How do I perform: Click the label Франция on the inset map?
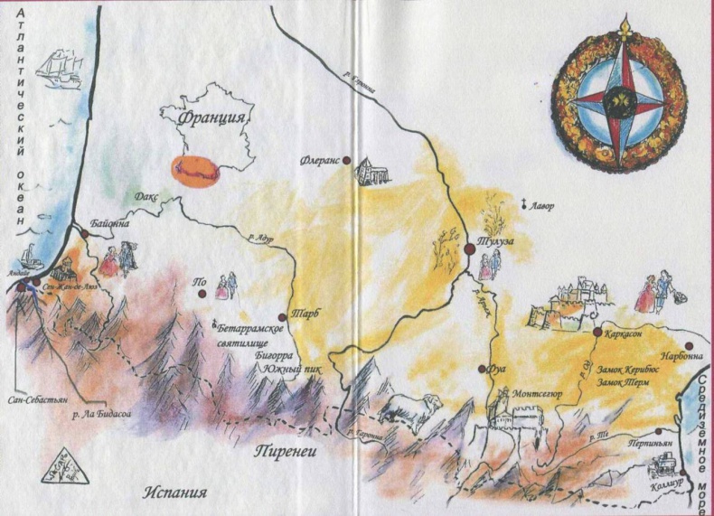pos(215,117)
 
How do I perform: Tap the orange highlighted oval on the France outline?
pos(197,172)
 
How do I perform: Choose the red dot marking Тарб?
pos(283,315)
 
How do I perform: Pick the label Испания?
pos(175,493)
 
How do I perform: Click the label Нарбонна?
pos(681,356)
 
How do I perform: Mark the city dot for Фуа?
pos(482,369)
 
